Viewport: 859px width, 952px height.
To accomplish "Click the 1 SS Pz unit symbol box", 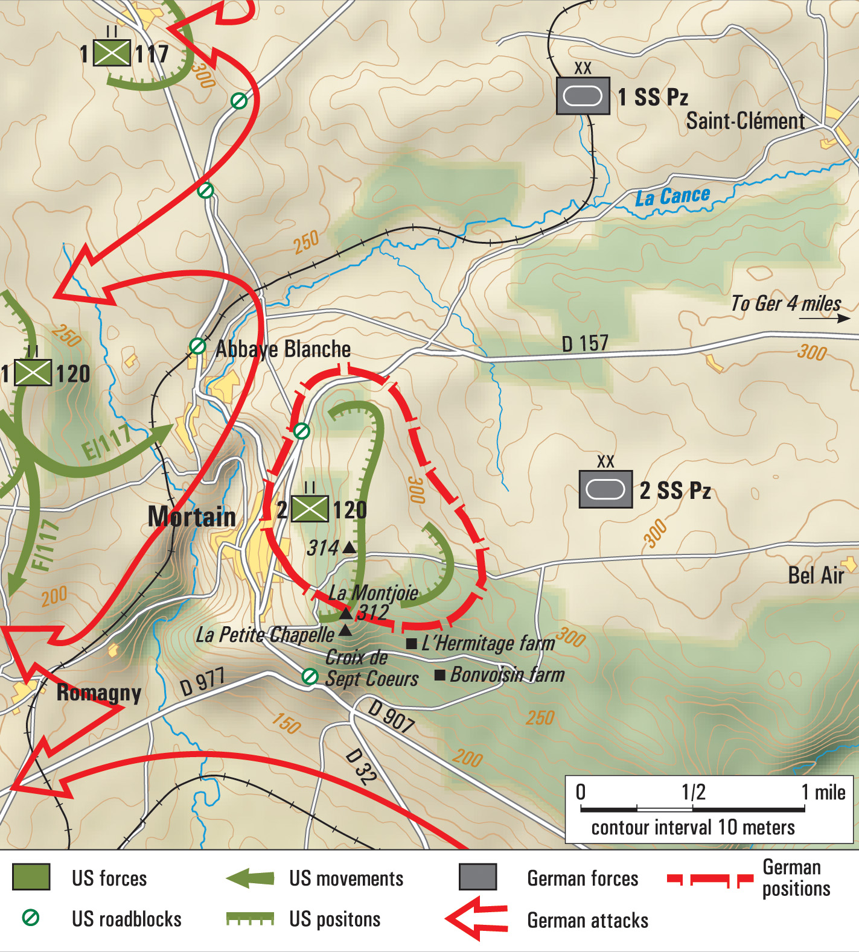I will click(x=583, y=96).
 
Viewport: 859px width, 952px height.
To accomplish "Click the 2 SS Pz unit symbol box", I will click(x=605, y=489).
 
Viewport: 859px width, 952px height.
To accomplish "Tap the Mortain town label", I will click(x=192, y=517).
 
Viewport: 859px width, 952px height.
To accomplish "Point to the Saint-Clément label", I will click(x=745, y=121).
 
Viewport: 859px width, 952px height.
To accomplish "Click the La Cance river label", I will click(x=672, y=196).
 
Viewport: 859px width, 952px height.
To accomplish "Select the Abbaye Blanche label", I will click(x=283, y=349).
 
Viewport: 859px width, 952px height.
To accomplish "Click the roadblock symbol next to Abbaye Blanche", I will click(x=197, y=346).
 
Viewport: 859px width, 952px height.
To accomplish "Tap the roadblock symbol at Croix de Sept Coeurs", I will click(x=310, y=677).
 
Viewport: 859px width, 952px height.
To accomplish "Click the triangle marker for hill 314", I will click(x=350, y=548).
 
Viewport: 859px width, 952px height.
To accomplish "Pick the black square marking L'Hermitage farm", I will click(x=412, y=644).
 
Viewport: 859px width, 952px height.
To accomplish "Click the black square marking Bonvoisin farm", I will click(x=440, y=674).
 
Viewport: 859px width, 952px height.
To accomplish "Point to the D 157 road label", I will click(x=584, y=344).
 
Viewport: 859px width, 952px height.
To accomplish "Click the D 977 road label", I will click(x=202, y=682).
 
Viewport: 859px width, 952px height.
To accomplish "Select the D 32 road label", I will click(x=361, y=766).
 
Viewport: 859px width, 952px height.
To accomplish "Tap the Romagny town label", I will click(x=98, y=693).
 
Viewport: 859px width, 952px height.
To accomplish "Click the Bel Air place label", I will click(x=816, y=576).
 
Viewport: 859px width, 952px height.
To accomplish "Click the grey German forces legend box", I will click(x=477, y=877).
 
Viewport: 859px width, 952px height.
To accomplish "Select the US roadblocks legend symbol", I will click(x=31, y=918).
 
